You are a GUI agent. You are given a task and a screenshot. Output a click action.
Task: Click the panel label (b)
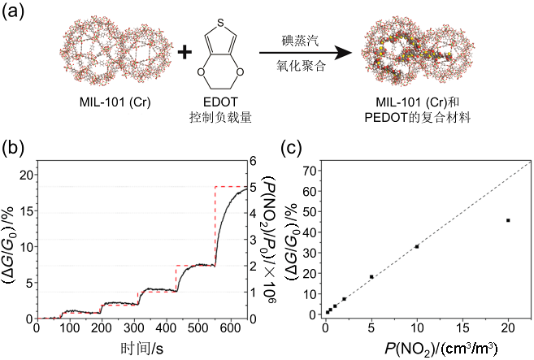(x=17, y=150)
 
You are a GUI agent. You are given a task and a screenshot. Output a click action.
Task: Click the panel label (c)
(x=293, y=150)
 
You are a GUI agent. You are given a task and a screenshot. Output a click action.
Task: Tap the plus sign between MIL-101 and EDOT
(x=185, y=53)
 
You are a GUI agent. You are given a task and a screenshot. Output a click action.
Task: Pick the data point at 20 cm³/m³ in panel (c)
(x=508, y=220)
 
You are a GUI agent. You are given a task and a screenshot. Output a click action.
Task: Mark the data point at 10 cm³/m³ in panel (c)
(x=417, y=246)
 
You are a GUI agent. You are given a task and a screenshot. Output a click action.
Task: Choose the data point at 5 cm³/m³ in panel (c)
(x=371, y=276)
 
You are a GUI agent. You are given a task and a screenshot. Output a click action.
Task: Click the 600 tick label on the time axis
(x=487, y=329)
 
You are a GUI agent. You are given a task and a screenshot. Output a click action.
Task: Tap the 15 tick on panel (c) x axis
(x=462, y=329)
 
